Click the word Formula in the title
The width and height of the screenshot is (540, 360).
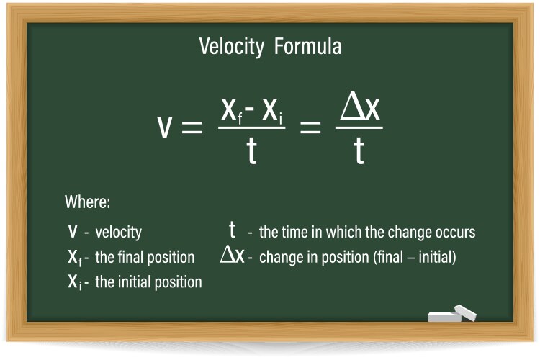click(x=307, y=48)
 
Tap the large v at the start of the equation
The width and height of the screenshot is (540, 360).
click(x=164, y=127)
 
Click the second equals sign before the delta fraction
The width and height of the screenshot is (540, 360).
click(x=310, y=129)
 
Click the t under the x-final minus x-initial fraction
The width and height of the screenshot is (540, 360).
click(x=251, y=153)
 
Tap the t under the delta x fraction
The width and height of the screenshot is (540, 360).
click(x=359, y=153)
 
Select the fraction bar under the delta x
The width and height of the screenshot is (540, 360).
click(x=359, y=128)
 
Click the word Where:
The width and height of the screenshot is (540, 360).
click(x=87, y=202)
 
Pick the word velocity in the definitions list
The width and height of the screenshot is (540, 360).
click(x=118, y=233)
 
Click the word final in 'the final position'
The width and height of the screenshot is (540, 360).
click(x=132, y=257)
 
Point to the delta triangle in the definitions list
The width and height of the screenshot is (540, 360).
click(x=227, y=256)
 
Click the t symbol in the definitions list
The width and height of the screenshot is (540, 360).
click(x=232, y=230)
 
